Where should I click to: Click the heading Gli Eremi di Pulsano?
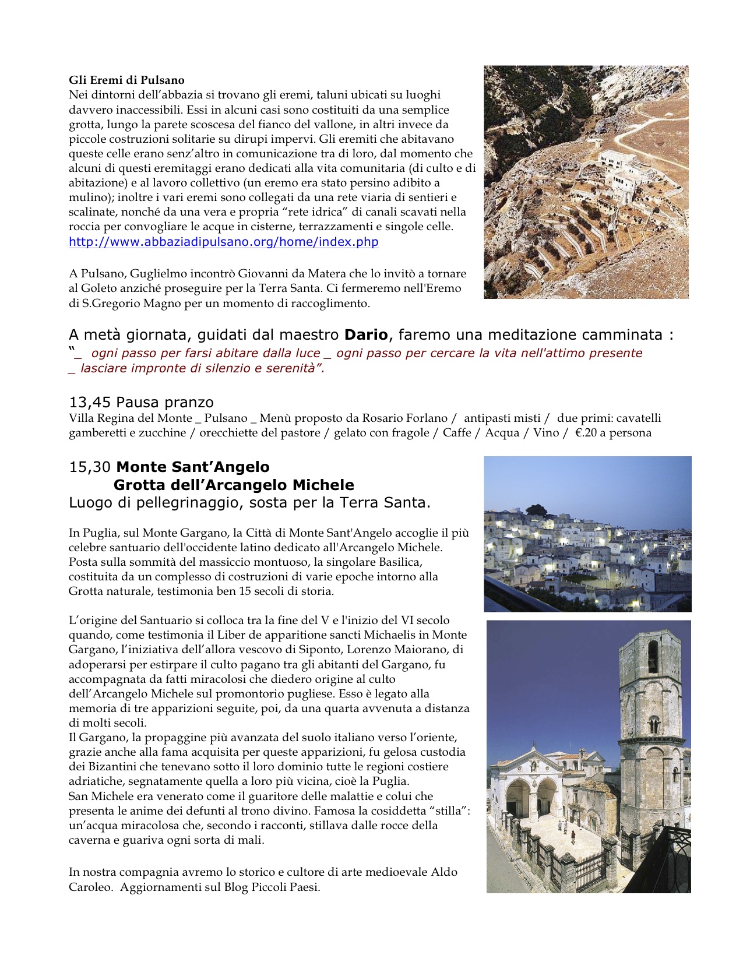(126, 80)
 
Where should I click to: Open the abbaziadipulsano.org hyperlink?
(223, 242)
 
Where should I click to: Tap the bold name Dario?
(366, 335)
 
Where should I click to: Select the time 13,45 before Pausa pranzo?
(90, 403)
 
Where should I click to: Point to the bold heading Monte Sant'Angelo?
(193, 467)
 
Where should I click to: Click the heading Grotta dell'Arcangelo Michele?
(234, 485)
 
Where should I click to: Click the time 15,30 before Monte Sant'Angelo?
(90, 467)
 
